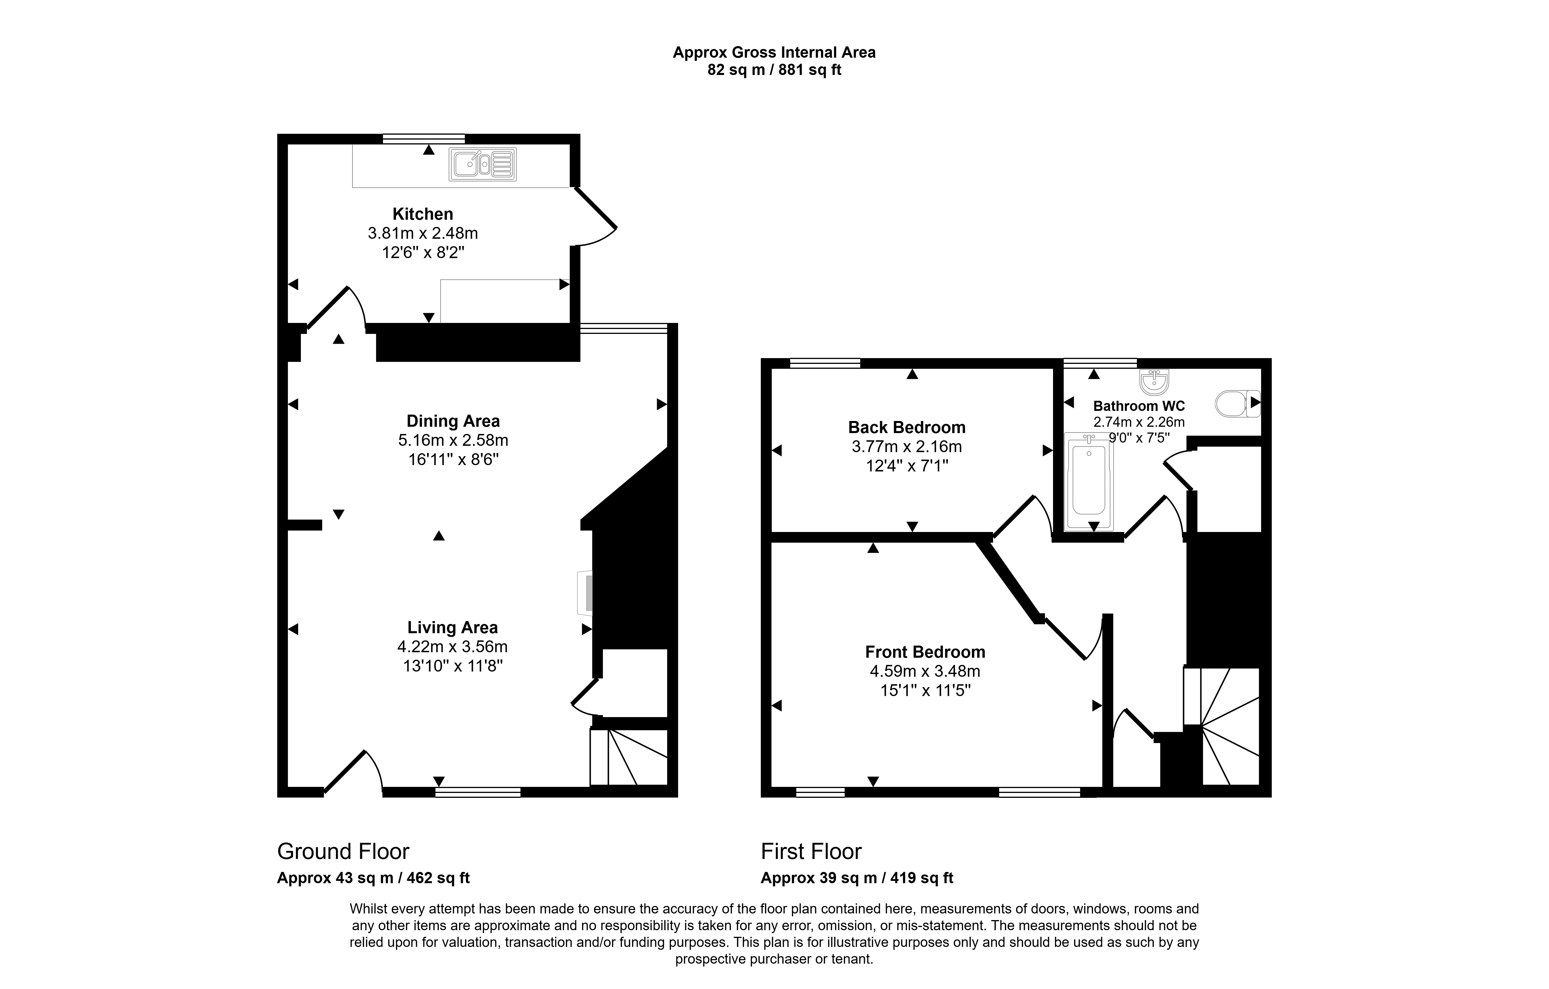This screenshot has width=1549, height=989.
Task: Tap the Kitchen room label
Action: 423,214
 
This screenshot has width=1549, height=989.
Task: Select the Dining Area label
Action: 453,421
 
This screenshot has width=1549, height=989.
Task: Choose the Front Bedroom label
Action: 925,652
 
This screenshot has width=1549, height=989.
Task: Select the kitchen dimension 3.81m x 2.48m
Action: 423,233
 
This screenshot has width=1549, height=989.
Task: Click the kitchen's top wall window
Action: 423,138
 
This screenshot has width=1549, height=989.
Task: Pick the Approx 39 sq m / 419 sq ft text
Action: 857,878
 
